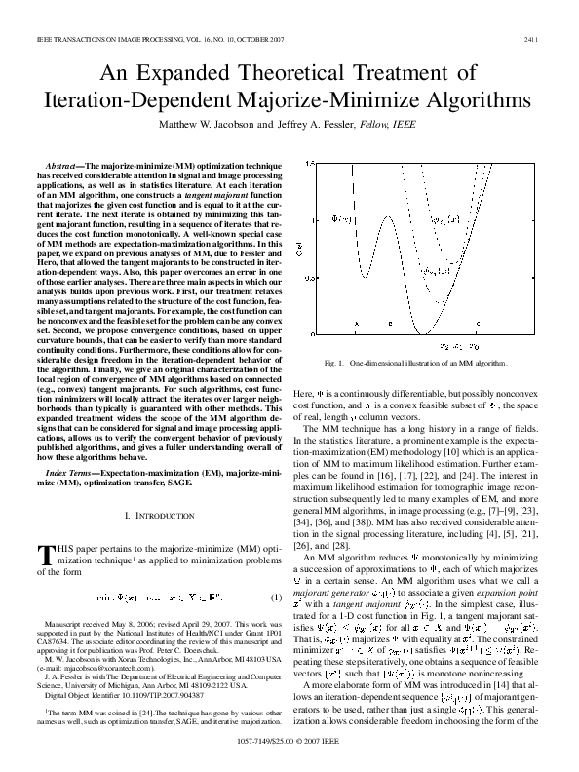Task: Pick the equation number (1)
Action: [276, 570]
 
